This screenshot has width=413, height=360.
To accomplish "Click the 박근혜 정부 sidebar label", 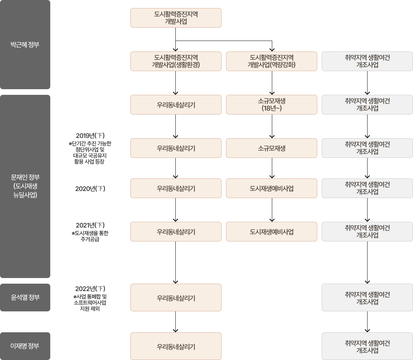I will pos(25,45).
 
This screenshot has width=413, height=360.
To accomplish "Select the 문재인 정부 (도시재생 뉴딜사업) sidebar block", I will pos(25,186).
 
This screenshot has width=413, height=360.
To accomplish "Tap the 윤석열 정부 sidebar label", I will pos(25,298).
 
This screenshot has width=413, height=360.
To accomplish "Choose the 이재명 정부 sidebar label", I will pos(25,346).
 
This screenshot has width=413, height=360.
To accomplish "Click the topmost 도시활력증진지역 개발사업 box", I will pos(176,18).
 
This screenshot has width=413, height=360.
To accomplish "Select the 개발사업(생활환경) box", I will pos(176,61).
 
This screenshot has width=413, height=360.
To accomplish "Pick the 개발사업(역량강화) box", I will pos(271,61).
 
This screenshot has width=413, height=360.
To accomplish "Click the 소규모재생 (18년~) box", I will pos(271,104).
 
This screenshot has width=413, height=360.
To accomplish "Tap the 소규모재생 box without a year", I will pos(271,148).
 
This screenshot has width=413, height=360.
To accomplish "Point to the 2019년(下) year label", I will pos(90,135).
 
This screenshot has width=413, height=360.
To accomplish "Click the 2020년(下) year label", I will pos(90,188).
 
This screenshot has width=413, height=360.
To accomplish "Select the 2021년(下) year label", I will pos(90,225).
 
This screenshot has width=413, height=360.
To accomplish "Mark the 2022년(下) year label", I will pos(90,288).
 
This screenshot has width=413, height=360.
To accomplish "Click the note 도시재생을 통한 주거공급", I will pos(90,236).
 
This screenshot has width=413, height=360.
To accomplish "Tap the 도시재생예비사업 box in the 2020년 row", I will pos(271,188).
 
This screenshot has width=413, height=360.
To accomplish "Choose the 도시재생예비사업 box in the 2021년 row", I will pos(271,231).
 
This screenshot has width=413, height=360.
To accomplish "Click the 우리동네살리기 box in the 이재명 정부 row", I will pos(176,346).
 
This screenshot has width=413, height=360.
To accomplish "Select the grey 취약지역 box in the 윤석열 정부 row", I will pos(367,298).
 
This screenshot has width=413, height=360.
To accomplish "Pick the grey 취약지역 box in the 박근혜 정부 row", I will pos(367,61).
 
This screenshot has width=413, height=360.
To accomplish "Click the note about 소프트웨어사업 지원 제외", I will pos(90,303).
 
